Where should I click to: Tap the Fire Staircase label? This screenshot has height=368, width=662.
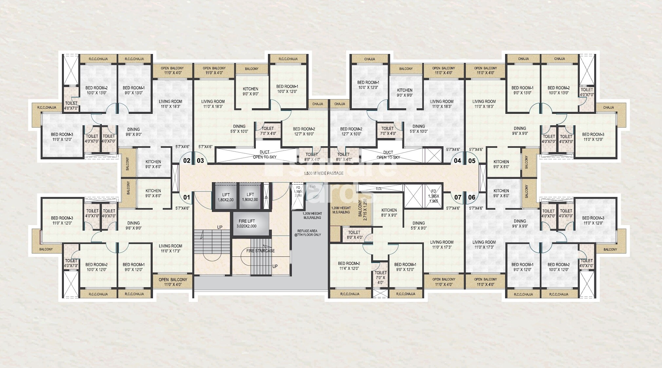[260, 251]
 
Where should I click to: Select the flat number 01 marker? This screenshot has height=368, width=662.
[186, 197]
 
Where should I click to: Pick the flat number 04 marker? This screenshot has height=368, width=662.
[457, 161]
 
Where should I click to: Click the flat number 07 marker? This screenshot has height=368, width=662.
[458, 197]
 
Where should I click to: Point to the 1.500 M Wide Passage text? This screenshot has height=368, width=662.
[324, 173]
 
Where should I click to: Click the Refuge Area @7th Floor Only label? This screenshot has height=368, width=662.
[309, 233]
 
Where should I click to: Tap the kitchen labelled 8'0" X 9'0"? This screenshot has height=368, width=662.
[389, 213]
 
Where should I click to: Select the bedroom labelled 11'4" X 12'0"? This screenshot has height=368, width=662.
[349, 266]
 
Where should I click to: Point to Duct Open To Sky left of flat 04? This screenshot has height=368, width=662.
[388, 155]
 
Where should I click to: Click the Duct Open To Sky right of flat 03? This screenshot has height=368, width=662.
[264, 154]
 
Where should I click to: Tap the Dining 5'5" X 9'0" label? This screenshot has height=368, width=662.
[419, 225]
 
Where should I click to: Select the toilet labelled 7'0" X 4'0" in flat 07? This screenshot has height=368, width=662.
[380, 277]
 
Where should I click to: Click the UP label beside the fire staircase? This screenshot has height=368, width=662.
[275, 266]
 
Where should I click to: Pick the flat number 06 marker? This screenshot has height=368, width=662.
[472, 197]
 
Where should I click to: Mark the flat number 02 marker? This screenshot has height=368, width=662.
[186, 161]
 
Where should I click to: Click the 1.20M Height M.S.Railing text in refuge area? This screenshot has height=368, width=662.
[312, 215]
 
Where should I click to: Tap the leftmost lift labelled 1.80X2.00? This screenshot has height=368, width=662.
[226, 197]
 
